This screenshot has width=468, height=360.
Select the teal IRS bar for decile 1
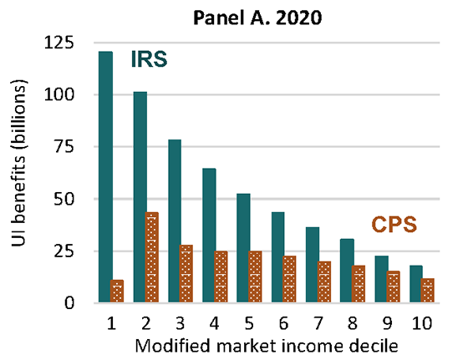pyautogui.click(x=105, y=177)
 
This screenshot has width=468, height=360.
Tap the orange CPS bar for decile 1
pyautogui.click(x=117, y=292)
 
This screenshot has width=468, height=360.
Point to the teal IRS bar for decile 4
pyautogui.click(x=210, y=236)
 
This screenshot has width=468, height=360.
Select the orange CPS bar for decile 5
pyautogui.click(x=257, y=276)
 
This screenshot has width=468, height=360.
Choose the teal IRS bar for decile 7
pyautogui.click(x=313, y=265)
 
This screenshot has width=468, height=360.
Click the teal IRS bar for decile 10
pyautogui.click(x=416, y=284)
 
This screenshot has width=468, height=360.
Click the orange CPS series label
pyautogui.click(x=394, y=224)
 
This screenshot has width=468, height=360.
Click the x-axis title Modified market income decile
pyautogui.click(x=267, y=342)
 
